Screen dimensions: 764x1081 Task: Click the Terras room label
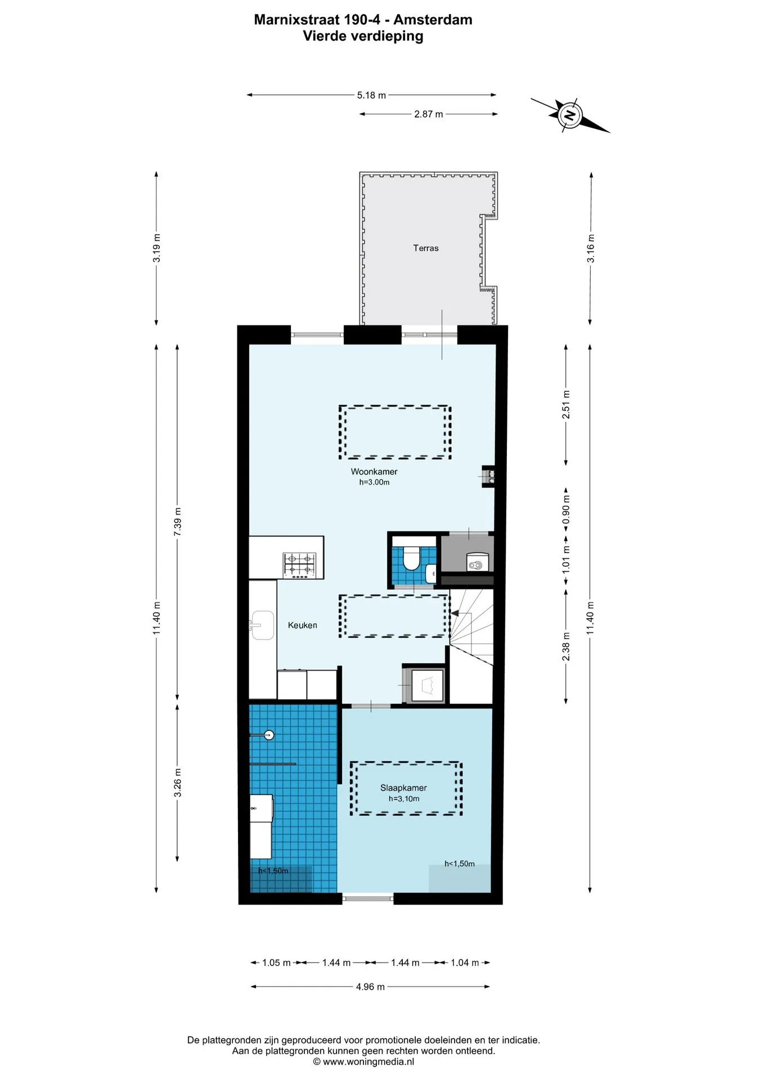pos(426,248)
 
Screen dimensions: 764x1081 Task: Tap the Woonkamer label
pos(374,472)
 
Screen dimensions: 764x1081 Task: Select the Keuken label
pos(303,625)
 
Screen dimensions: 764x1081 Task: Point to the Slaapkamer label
pos(403,788)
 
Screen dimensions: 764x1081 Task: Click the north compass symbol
pos(570,115)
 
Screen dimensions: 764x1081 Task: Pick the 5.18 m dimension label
pos(371,95)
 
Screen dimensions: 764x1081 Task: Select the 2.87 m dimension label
pos(429,114)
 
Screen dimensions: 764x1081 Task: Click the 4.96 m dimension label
pos(370,987)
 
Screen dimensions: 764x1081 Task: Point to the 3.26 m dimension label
pos(178,783)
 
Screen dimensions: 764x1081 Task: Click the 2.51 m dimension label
pos(567,404)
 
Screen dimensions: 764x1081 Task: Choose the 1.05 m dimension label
pos(276,963)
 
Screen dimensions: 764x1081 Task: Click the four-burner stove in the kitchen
pos(300,565)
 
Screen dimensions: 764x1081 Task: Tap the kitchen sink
pos(262,625)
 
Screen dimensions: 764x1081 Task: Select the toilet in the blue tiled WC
pos(412,557)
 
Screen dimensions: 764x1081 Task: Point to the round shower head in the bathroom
pos(269,734)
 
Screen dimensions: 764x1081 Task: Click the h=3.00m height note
pos(374,483)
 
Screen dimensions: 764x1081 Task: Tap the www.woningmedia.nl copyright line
pos(363,1062)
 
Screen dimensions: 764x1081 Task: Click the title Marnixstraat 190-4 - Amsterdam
pos(363,20)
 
